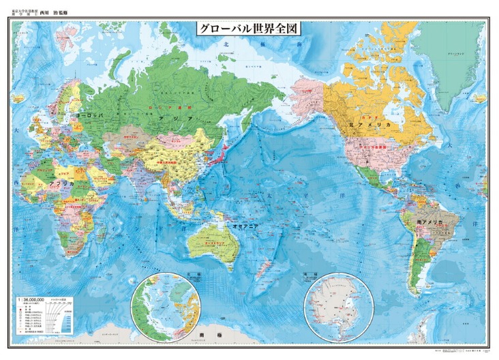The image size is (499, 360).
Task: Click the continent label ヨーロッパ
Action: (90, 117)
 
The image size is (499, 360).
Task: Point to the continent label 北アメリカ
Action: (369, 125)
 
